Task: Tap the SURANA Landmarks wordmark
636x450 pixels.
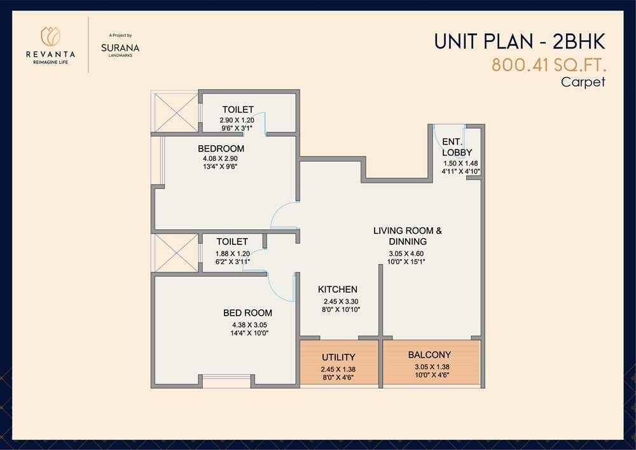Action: click(120, 48)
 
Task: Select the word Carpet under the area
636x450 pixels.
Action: click(582, 81)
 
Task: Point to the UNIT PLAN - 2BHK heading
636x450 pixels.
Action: click(518, 41)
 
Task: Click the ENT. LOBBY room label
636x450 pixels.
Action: click(457, 147)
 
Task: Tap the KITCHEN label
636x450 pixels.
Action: click(338, 289)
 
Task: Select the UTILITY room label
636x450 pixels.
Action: click(338, 357)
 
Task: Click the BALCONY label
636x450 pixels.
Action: click(429, 355)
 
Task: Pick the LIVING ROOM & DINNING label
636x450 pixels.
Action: click(408, 236)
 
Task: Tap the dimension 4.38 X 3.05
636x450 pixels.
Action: click(247, 324)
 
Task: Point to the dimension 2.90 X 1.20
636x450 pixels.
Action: click(238, 120)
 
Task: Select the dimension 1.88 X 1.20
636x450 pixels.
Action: click(232, 252)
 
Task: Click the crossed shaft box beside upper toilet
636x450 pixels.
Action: click(174, 112)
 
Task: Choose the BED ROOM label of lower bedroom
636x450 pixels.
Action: click(247, 313)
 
